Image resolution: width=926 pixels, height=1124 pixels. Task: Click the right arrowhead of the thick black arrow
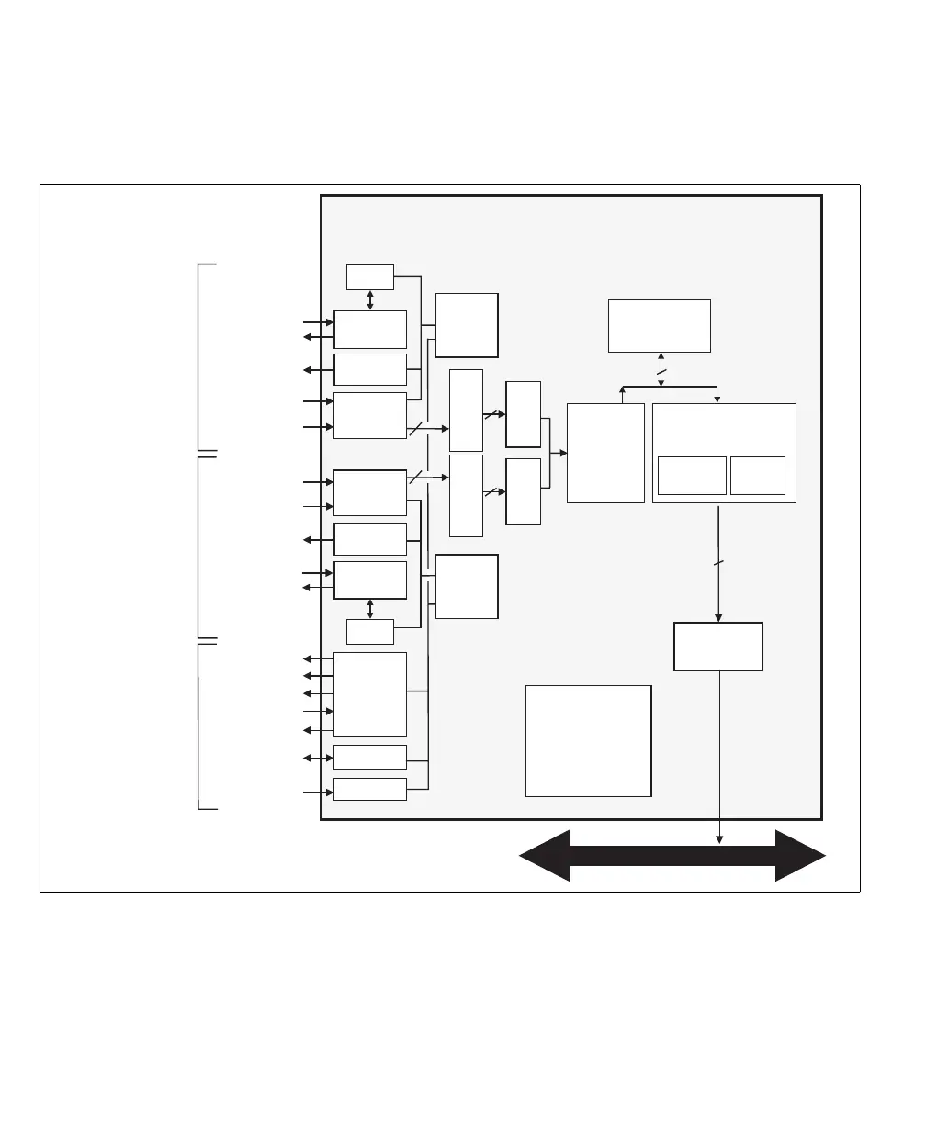pyautogui.click(x=801, y=856)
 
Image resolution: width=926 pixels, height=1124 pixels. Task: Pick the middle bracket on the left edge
pyautogui.click(x=200, y=546)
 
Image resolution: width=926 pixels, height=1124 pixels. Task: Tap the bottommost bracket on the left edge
pyautogui.click(x=200, y=726)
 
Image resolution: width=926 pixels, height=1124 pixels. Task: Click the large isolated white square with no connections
pyautogui.click(x=588, y=740)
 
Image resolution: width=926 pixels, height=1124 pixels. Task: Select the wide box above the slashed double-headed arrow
pyautogui.click(x=659, y=325)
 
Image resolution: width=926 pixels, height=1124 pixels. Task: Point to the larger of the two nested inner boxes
pyautogui.click(x=692, y=475)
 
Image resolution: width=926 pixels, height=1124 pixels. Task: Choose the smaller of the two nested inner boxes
pyautogui.click(x=757, y=475)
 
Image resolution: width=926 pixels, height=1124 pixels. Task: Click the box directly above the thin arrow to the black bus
pyautogui.click(x=717, y=646)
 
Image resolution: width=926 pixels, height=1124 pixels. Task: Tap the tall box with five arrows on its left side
pyautogui.click(x=370, y=694)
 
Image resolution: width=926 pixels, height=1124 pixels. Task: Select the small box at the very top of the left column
pyautogui.click(x=370, y=275)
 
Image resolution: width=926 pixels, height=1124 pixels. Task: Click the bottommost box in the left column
pyautogui.click(x=370, y=789)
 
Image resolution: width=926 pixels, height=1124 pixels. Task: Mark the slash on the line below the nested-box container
pyautogui.click(x=718, y=562)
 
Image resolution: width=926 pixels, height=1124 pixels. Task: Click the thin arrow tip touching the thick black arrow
pyautogui.click(x=719, y=838)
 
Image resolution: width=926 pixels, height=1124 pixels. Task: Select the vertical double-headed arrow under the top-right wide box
pyautogui.click(x=661, y=369)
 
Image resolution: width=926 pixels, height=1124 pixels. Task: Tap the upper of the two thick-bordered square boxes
pyautogui.click(x=467, y=325)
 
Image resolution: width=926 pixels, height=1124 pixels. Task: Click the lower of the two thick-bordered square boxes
pyautogui.click(x=467, y=586)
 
